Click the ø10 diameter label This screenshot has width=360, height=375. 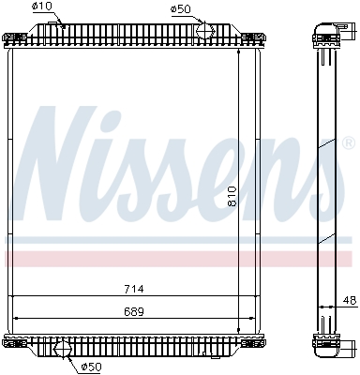[x=42, y=7]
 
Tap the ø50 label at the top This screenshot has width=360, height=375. [x=180, y=9]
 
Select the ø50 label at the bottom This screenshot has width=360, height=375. [x=91, y=366]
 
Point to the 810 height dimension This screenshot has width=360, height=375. [x=232, y=196]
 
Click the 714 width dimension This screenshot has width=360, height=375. [x=134, y=289]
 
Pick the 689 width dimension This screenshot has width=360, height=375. [x=134, y=311]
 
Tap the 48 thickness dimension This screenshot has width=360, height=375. [x=349, y=301]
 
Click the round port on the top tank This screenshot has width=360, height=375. [x=205, y=30]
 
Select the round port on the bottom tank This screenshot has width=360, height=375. [x=64, y=349]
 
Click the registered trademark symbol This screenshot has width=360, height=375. [x=349, y=143]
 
